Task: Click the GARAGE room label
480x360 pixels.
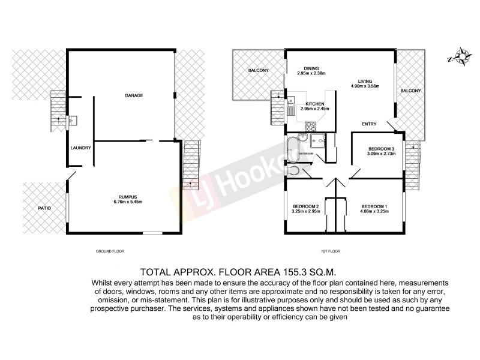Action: (x=134, y=95)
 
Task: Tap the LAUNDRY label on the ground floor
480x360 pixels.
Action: (x=80, y=148)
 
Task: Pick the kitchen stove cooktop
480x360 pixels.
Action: (x=311, y=127)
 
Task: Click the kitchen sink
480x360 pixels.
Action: (x=290, y=110)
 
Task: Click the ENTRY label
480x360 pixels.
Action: (x=369, y=124)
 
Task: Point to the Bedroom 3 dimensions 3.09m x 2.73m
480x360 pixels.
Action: (x=380, y=154)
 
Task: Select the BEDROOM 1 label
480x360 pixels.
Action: (x=373, y=206)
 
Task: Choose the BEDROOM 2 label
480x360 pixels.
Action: (x=304, y=206)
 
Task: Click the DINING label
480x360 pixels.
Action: (x=311, y=68)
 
